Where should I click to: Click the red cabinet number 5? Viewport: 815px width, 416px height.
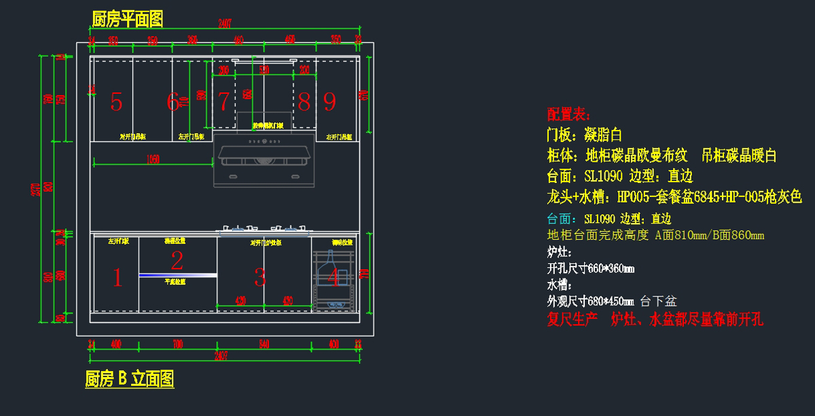tap(116, 102)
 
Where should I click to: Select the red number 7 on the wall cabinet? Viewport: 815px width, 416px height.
tap(223, 102)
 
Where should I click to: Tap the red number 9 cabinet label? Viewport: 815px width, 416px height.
tap(329, 102)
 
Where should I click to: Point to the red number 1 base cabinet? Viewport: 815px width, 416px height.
tap(117, 277)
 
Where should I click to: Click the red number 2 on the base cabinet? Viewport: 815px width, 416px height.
tap(177, 260)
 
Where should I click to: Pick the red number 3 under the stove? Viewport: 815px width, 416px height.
tap(260, 277)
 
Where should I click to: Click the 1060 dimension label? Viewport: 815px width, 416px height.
tap(153, 160)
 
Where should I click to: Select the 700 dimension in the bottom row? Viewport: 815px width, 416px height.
tap(177, 345)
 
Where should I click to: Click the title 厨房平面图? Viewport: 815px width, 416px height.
tap(127, 19)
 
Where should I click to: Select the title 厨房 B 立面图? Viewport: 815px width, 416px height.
tap(129, 379)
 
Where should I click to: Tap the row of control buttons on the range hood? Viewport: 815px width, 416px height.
tap(264, 142)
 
